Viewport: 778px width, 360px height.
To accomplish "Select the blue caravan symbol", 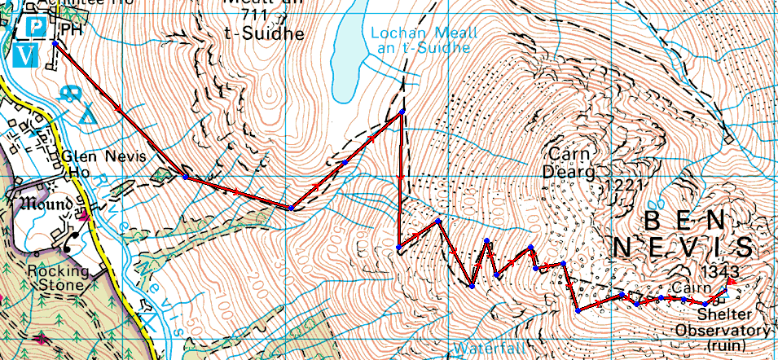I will click(x=69, y=92).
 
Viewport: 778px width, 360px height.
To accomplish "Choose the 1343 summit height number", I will click(x=717, y=270).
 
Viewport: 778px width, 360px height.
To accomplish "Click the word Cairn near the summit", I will click(x=692, y=289).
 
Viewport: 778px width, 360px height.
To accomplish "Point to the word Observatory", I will click(x=722, y=330).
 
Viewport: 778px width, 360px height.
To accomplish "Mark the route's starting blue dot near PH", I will click(x=55, y=42).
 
